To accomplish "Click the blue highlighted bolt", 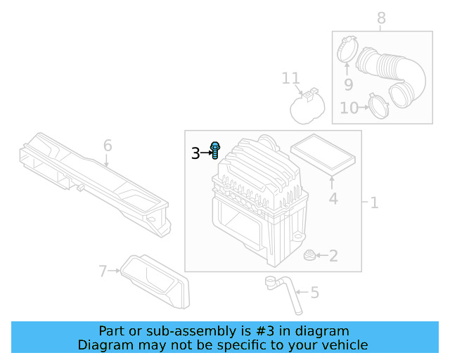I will (216, 150).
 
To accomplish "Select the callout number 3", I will (195, 153).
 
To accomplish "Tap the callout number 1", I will (374, 203).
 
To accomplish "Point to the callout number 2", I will (333, 256).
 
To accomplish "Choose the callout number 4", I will (333, 199).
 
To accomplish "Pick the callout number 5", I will (314, 292).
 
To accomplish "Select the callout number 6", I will (108, 146).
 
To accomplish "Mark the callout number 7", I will (103, 271).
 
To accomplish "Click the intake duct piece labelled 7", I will (156, 282).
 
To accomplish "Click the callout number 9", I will (347, 85).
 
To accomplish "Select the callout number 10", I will (349, 108).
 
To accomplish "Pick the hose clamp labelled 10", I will (379, 106).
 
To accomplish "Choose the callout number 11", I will (291, 78).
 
